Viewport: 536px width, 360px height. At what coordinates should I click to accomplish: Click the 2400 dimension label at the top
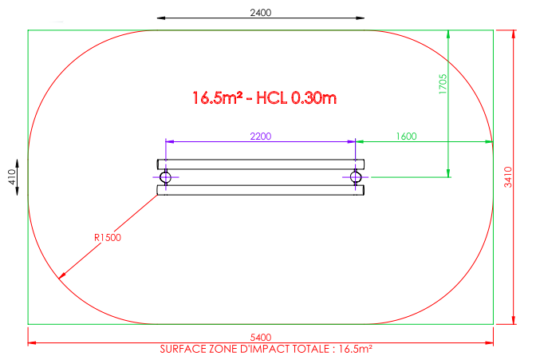pyautogui.click(x=261, y=13)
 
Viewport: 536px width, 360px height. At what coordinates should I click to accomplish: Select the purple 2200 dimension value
pyautogui.click(x=261, y=136)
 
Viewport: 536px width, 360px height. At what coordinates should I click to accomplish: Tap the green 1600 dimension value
pyautogui.click(x=406, y=136)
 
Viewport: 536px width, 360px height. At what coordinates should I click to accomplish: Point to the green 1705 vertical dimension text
pyautogui.click(x=443, y=84)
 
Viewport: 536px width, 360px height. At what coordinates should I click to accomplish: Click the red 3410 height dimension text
pyautogui.click(x=508, y=177)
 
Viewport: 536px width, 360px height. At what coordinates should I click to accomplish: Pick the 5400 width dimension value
pyautogui.click(x=261, y=338)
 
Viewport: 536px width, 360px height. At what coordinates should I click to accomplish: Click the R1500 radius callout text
pyautogui.click(x=108, y=238)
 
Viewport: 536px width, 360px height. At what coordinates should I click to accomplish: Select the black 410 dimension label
pyautogui.click(x=12, y=177)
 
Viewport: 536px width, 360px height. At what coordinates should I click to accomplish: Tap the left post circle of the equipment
pyautogui.click(x=165, y=177)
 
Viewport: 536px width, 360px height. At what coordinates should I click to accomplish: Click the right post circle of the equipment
pyautogui.click(x=356, y=177)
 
